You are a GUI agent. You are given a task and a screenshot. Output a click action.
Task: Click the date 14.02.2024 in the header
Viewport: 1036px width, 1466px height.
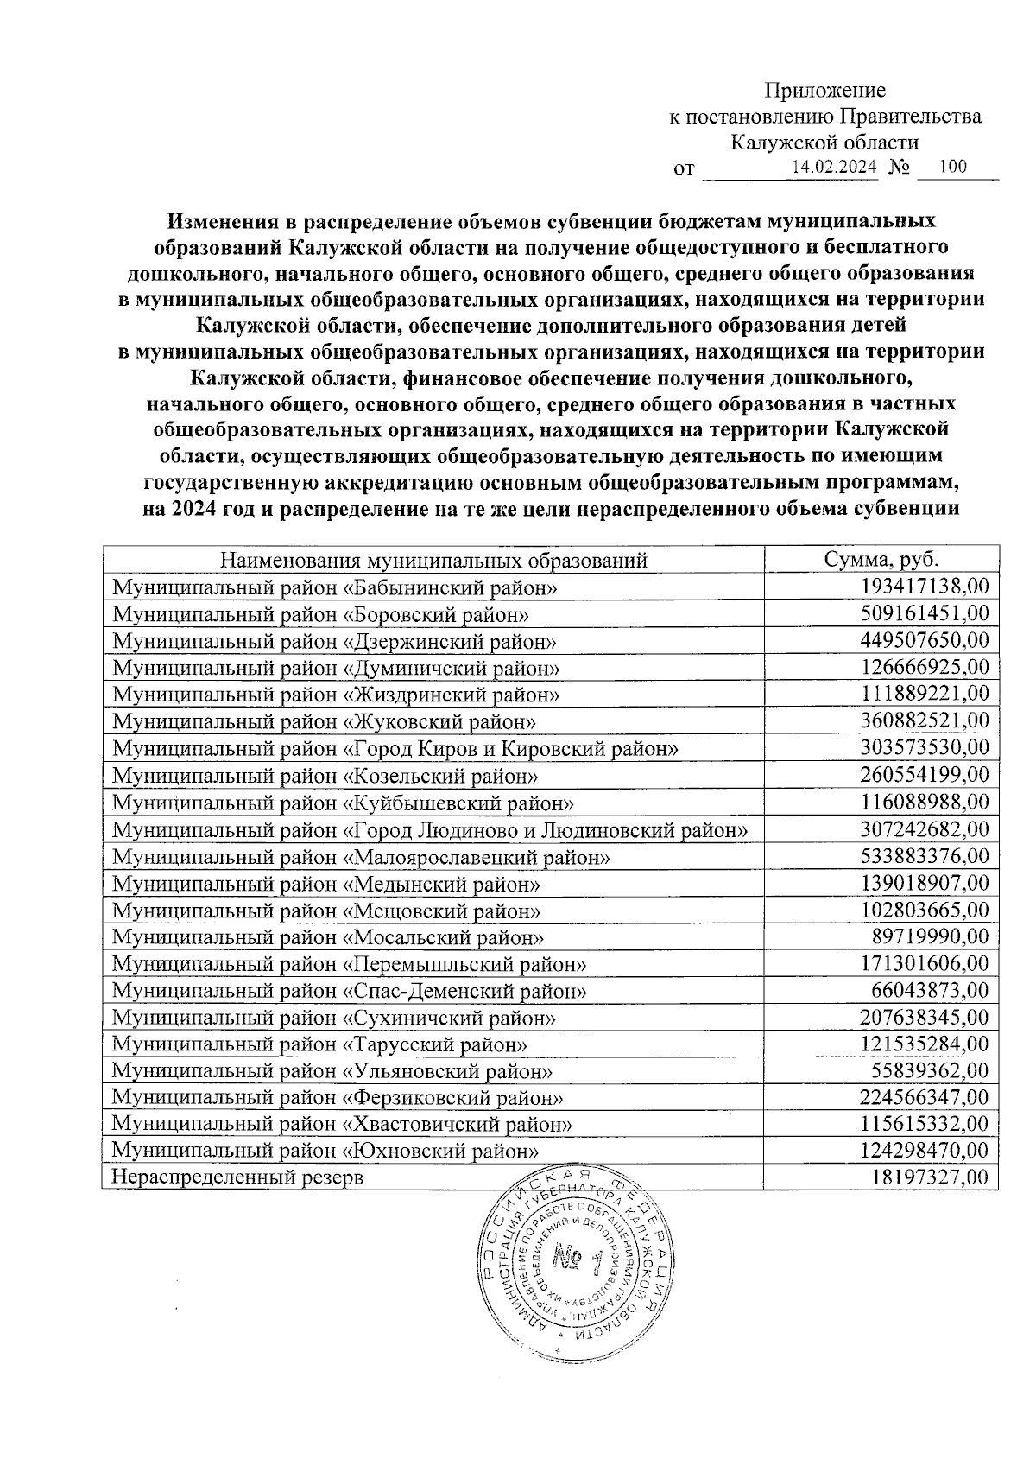click(x=834, y=168)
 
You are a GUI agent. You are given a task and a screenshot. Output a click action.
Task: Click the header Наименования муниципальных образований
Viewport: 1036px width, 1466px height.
click(x=434, y=560)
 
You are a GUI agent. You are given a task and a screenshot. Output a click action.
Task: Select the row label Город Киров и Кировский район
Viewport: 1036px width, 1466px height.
click(x=395, y=748)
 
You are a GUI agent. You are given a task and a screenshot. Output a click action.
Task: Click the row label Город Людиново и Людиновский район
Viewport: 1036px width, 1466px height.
click(x=430, y=830)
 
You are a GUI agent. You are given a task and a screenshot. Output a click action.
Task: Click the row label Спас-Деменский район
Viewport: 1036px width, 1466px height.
click(x=351, y=991)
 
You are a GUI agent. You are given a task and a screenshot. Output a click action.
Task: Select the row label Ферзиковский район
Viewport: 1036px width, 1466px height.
click(x=338, y=1098)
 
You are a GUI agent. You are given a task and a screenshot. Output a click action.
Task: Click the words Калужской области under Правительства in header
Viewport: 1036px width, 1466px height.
click(x=823, y=142)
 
